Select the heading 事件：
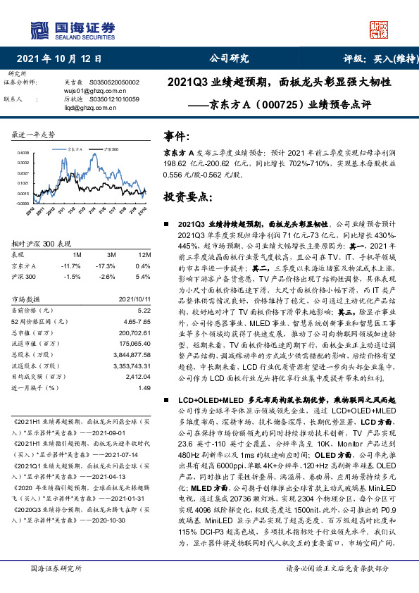tap(177, 136)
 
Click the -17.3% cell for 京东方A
tap(108, 265)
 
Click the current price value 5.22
tap(144, 310)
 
